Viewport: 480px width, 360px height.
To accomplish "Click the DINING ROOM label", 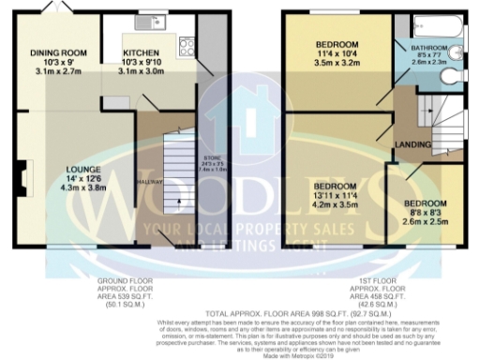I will point(58,52).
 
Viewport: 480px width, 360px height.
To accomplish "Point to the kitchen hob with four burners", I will point(186,43).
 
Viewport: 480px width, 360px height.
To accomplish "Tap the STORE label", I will point(212,157).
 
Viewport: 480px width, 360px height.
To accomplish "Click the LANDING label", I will point(412,143).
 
